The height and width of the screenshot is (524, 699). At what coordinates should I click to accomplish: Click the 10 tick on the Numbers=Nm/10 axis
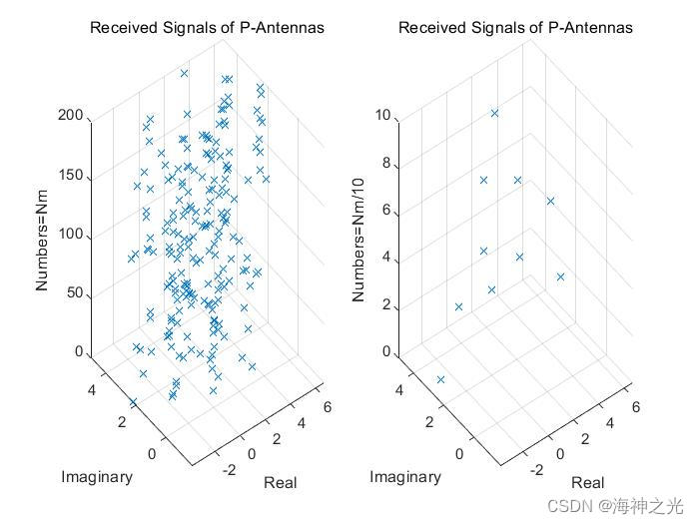(x=380, y=116)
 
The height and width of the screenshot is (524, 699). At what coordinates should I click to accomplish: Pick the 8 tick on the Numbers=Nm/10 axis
(x=385, y=165)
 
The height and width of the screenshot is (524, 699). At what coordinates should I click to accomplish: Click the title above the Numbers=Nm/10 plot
(x=515, y=27)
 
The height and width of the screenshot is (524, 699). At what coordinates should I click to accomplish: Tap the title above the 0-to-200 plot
(x=207, y=27)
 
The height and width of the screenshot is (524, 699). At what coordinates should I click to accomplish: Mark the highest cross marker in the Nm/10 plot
(x=494, y=113)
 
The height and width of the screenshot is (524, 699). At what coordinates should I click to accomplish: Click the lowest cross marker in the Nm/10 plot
(x=440, y=379)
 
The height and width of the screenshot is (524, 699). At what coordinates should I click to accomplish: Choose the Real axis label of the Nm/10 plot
(x=587, y=482)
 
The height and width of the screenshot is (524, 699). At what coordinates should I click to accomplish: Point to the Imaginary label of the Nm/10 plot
(x=404, y=476)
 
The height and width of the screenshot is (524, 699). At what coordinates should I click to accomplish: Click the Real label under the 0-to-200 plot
(x=281, y=482)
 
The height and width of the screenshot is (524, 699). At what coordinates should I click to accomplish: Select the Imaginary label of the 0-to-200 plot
(x=97, y=476)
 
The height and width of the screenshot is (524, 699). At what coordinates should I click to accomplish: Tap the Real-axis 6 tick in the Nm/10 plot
(x=635, y=407)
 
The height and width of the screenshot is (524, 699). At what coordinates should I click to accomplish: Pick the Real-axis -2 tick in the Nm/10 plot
(x=537, y=470)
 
